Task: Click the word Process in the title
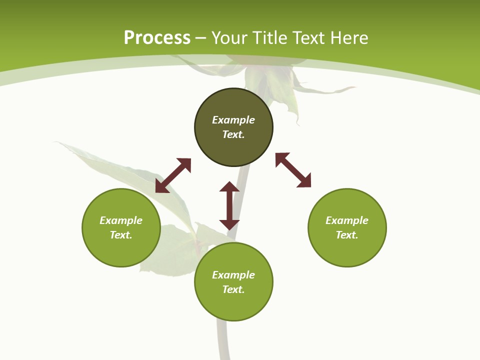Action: [157, 38]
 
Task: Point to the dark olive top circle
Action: [233, 150]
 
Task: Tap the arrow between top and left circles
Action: [173, 175]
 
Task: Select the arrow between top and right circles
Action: [293, 170]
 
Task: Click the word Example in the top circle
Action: [233, 120]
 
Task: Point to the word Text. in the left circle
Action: [121, 235]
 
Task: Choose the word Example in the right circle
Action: [347, 220]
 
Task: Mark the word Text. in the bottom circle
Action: [233, 289]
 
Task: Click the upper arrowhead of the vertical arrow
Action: [229, 187]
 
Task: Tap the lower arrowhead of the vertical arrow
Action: [229, 224]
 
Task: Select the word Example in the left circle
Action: [121, 220]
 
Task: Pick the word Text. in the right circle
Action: [347, 235]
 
